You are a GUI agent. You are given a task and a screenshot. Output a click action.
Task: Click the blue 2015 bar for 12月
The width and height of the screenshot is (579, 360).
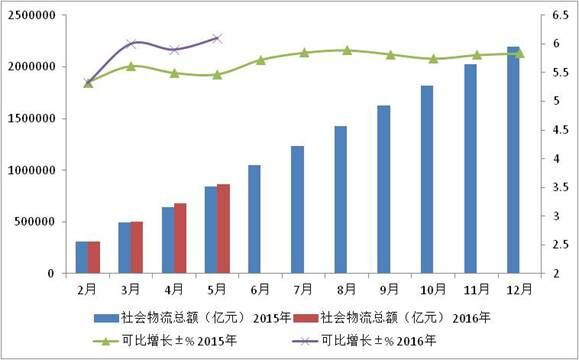point(513,160)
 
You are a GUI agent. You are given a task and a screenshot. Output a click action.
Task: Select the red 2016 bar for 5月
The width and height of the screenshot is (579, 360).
point(223,229)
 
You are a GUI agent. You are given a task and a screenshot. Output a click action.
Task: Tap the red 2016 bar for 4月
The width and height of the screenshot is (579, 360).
point(180,238)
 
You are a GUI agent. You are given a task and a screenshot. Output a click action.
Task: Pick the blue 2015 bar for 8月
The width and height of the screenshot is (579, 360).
point(341,200)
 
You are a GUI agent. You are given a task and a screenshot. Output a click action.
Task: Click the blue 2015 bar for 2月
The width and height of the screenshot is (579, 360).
point(82,257)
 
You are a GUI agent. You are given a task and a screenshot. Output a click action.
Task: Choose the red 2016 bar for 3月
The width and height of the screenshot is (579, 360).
point(137,247)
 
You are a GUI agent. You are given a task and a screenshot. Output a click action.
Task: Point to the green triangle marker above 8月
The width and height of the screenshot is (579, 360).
point(347,50)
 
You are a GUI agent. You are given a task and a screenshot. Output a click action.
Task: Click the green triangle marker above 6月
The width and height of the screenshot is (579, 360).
point(261,60)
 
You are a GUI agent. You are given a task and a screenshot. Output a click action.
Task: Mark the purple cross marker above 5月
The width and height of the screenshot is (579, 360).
point(217,38)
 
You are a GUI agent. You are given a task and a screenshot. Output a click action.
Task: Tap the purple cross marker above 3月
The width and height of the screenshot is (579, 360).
point(131,44)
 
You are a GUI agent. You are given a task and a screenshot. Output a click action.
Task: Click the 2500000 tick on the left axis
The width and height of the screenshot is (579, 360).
point(28,15)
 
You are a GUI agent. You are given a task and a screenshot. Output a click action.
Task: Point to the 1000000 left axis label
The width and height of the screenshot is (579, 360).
point(28,170)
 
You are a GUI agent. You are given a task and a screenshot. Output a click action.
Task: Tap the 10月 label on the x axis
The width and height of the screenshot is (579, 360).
point(433,289)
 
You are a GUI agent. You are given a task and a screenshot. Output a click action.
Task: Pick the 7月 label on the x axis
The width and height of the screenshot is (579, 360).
point(303,289)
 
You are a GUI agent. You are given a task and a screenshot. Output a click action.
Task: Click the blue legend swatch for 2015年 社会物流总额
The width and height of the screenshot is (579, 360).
point(107,318)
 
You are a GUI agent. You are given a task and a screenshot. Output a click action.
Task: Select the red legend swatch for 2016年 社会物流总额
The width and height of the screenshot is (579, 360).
point(306,318)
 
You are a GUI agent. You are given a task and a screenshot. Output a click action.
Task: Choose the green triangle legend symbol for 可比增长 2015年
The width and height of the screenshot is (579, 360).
point(106,341)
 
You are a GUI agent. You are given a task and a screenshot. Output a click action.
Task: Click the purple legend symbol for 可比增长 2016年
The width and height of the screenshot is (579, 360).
point(305,341)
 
